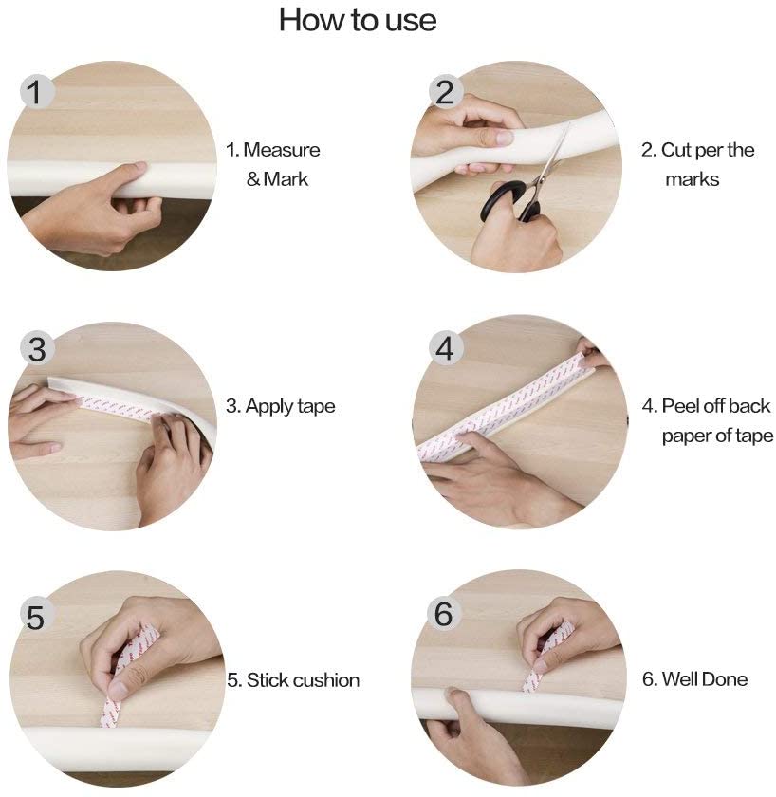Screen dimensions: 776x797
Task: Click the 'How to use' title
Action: [358, 20]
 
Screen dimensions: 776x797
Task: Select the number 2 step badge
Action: [445, 92]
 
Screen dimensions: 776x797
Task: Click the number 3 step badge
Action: [37, 349]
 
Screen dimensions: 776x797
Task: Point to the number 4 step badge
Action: [445, 349]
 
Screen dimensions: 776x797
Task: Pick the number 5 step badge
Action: [36, 617]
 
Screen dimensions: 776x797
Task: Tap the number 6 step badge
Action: [444, 613]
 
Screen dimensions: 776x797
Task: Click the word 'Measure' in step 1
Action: [282, 150]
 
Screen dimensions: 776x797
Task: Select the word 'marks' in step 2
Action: [693, 179]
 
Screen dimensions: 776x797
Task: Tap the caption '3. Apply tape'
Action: [281, 407]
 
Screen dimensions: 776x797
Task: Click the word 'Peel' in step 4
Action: [680, 406]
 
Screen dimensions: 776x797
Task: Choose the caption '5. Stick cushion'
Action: [293, 680]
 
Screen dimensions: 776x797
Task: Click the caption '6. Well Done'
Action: [694, 679]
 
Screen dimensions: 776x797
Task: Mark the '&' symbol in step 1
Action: [253, 179]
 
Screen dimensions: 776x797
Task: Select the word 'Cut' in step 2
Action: [675, 150]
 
